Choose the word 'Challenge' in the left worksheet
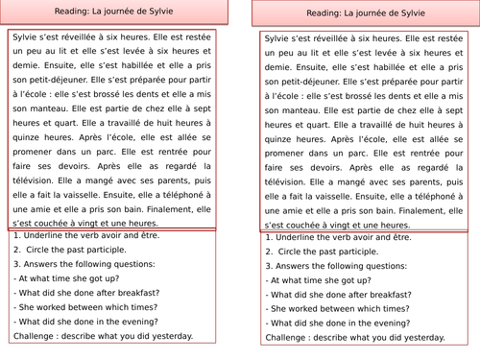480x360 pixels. coord(36,336)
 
